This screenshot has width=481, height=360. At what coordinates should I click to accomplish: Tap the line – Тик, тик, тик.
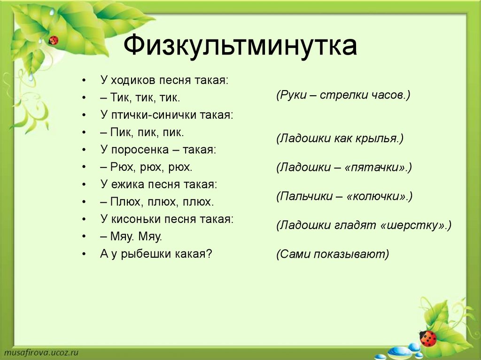140,98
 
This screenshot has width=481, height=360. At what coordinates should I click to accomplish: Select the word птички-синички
154,115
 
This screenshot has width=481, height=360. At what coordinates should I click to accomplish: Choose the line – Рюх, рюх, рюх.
146,167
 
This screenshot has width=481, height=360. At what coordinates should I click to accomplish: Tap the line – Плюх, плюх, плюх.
157,202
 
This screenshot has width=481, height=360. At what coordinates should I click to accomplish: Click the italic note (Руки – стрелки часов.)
343,95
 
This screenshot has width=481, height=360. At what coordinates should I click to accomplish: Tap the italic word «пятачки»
376,168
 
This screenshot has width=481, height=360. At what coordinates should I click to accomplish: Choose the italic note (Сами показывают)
333,254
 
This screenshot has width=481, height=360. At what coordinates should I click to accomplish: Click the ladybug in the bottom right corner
427,338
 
